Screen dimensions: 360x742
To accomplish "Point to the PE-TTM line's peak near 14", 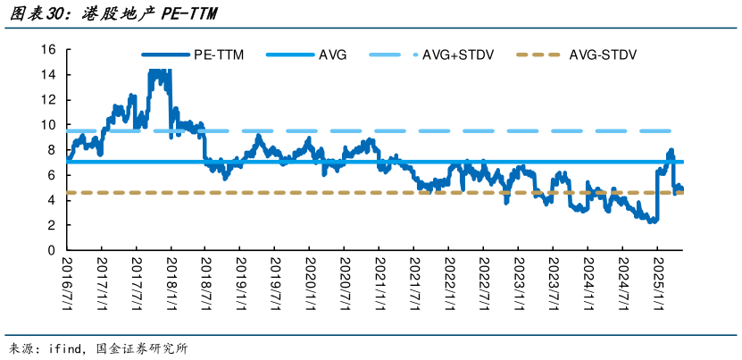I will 158,71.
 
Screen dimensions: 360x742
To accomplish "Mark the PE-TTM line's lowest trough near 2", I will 652,221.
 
